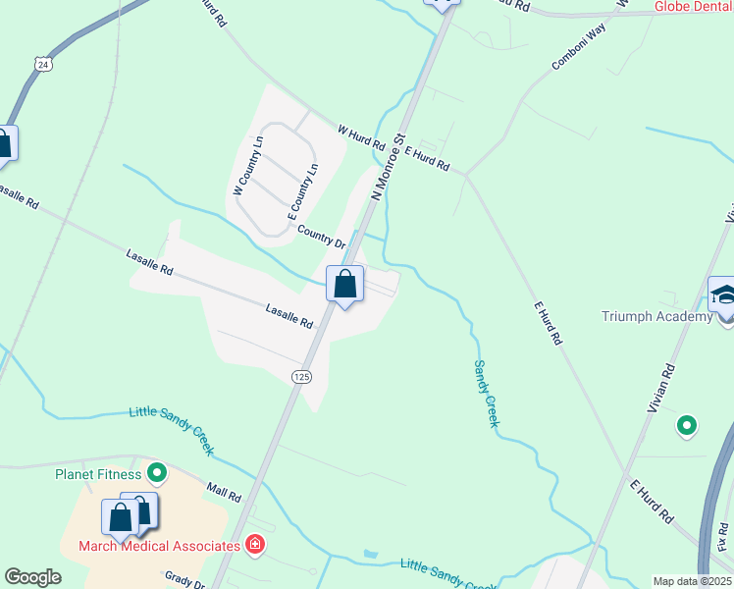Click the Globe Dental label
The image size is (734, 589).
coord(694,6)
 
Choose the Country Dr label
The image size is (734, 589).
coord(322,237)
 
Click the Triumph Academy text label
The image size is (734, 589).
coord(656,316)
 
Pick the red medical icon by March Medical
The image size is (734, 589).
coord(255,544)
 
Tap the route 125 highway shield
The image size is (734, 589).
coord(301,376)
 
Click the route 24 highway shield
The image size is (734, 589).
coord(41,64)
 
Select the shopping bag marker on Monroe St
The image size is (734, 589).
coord(344,286)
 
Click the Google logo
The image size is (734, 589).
coord(33,576)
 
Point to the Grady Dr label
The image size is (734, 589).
coord(184,581)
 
